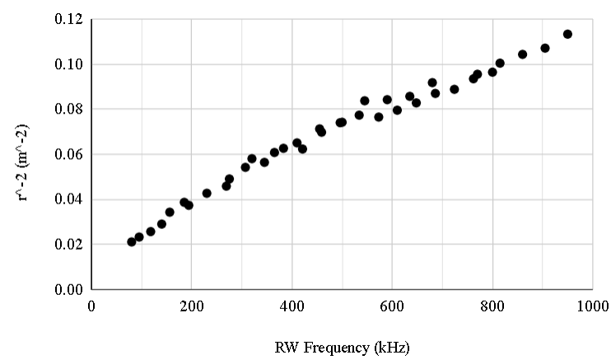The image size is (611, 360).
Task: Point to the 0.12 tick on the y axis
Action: (x=69, y=19)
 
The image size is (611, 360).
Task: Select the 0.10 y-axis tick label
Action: (x=69, y=64)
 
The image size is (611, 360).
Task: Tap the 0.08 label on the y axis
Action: (x=69, y=110)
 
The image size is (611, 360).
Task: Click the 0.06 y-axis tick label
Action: (x=69, y=155)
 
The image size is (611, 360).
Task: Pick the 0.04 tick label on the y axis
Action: (x=69, y=200)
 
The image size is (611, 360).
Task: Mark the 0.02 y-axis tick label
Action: (x=69, y=245)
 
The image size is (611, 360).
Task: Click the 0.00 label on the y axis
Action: (x=69, y=290)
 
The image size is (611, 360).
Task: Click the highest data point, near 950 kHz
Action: (x=567, y=34)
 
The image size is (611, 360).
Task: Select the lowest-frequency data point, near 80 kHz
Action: (x=132, y=241)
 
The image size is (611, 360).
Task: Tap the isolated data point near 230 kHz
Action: (x=207, y=193)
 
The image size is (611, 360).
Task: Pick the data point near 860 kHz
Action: (x=522, y=54)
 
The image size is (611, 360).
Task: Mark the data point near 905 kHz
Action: (x=545, y=48)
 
